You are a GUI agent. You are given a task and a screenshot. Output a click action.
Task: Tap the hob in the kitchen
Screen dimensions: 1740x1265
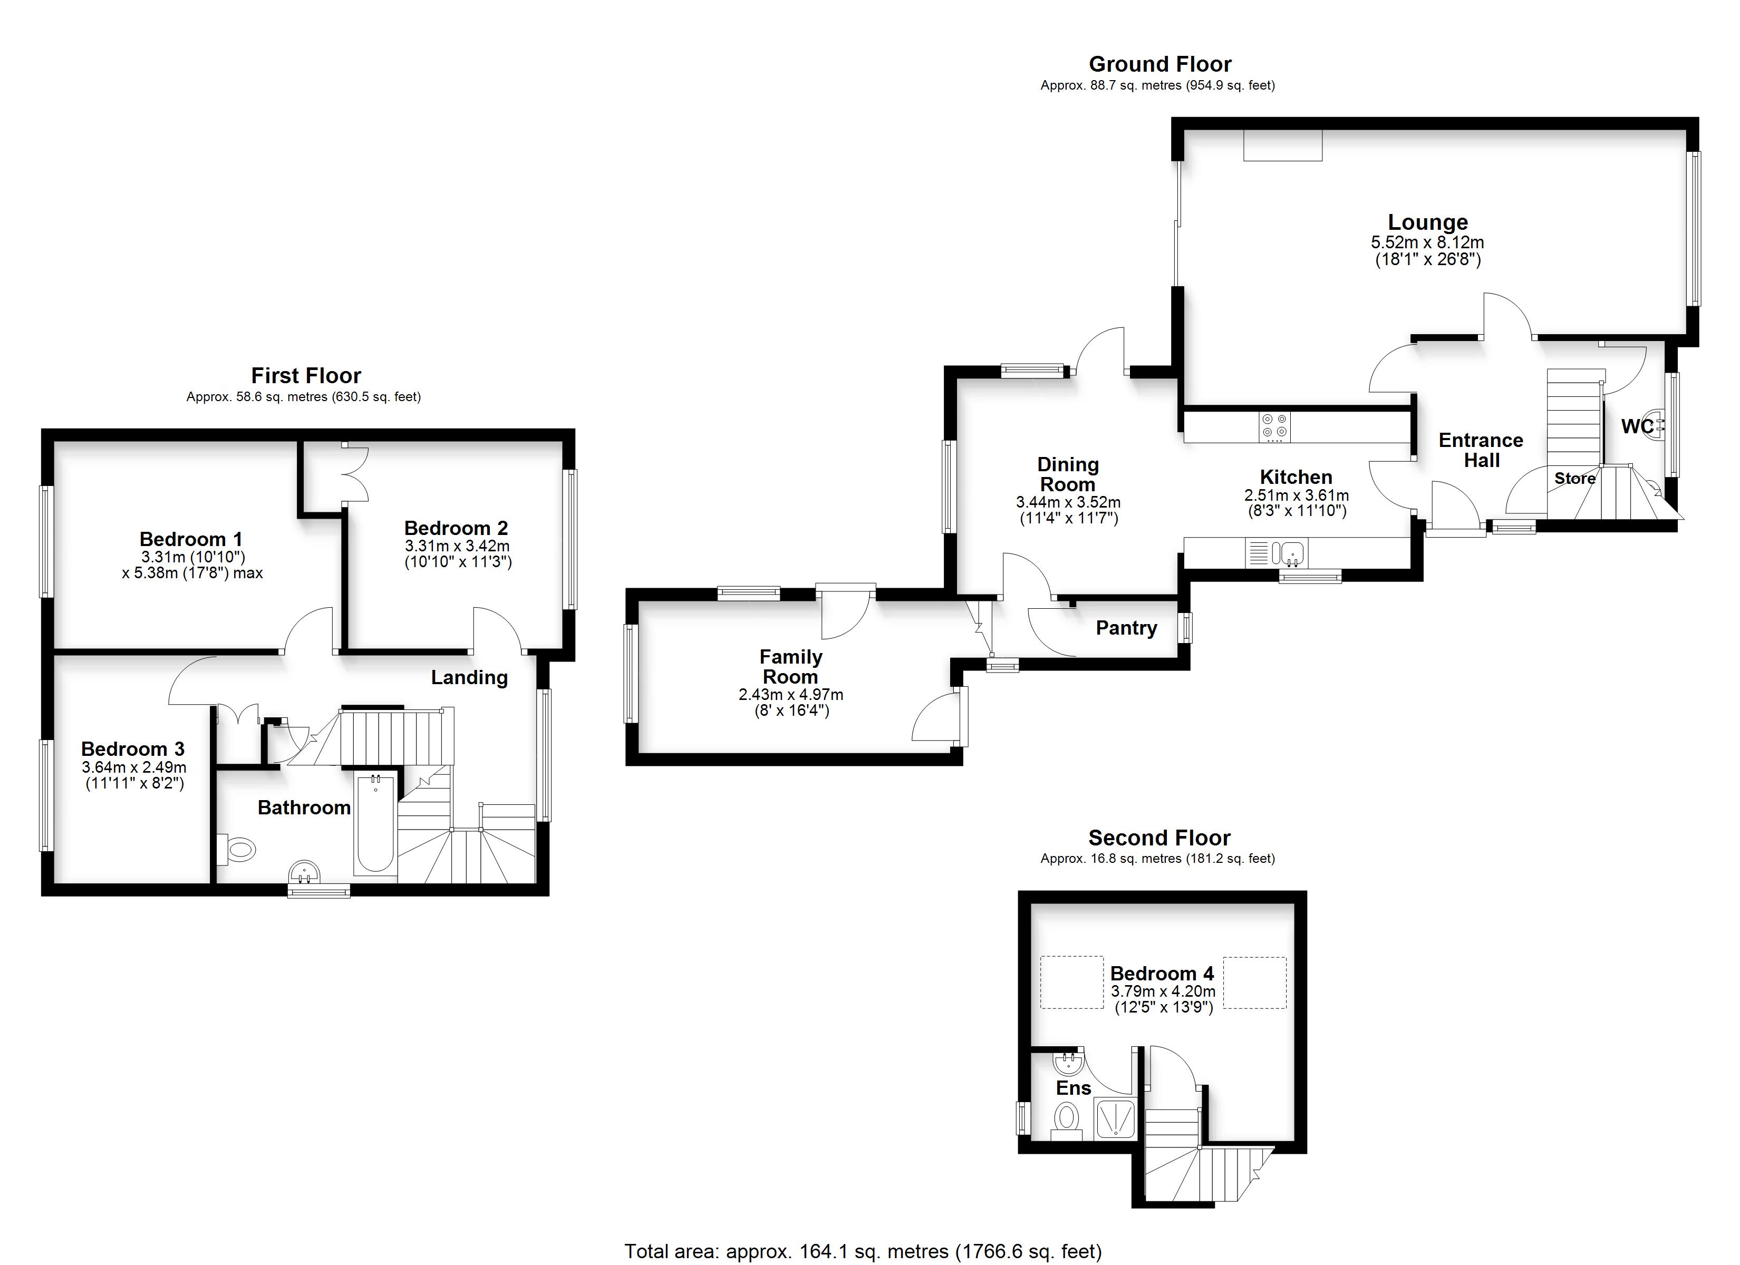click(1275, 427)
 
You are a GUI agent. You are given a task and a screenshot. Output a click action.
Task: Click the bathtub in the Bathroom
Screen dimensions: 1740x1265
click(375, 825)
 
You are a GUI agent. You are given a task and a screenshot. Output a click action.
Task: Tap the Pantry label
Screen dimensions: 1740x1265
click(1126, 628)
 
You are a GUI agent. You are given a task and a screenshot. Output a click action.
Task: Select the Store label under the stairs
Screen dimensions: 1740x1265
click(1575, 479)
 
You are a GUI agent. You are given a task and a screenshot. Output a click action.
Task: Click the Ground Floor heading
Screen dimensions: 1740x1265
click(1160, 64)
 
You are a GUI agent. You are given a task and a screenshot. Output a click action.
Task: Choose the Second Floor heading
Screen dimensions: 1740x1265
click(1159, 838)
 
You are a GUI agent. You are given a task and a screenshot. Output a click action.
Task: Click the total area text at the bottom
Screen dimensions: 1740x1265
click(863, 1252)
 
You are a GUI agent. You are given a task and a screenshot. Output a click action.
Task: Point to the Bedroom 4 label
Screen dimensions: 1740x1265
click(1162, 974)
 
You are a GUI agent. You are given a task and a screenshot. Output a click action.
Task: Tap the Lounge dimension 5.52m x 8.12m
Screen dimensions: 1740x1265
click(1428, 242)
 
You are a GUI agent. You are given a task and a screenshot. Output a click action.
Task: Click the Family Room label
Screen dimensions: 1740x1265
click(791, 667)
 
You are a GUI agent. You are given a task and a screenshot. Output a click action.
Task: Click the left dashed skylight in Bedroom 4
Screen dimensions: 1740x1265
click(1072, 982)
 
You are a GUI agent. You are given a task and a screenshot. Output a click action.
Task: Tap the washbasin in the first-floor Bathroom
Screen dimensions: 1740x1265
click(305, 872)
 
